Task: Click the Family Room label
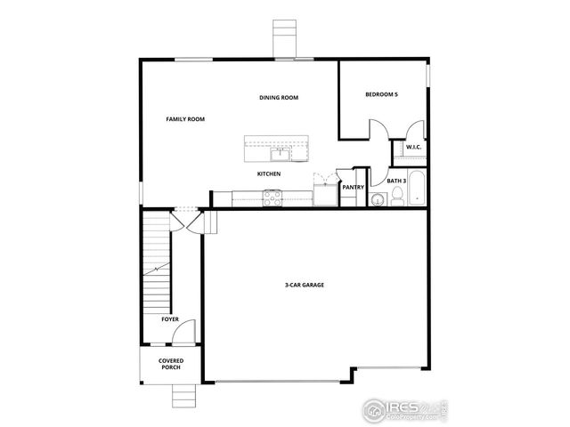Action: tap(186, 118)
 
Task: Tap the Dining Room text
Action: tap(279, 97)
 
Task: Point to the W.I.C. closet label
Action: tap(413, 147)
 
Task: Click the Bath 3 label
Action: tap(397, 181)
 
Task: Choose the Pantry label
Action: tap(353, 187)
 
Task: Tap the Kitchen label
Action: tap(270, 173)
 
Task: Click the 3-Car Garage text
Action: tap(304, 286)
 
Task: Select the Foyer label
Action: tap(169, 318)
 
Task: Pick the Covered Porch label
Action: tap(171, 364)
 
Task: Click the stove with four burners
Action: tap(273, 199)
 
